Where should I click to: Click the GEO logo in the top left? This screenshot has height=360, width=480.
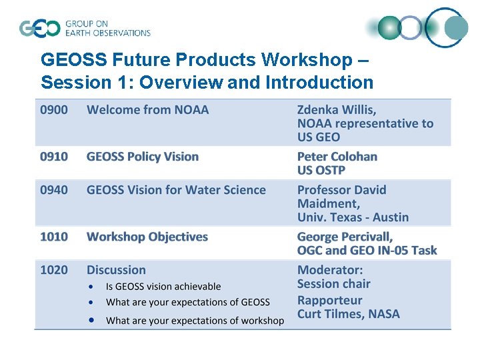(85, 28)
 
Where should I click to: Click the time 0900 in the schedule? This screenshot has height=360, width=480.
(54, 110)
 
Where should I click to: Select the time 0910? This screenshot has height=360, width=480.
(54, 157)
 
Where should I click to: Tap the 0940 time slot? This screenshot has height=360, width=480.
(54, 190)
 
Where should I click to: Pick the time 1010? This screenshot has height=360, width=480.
(54, 237)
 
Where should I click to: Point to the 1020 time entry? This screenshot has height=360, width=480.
(54, 270)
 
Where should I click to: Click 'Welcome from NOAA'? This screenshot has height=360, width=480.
(147, 110)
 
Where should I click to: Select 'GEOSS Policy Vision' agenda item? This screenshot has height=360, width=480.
(143, 157)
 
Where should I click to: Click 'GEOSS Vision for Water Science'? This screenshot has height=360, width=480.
(176, 190)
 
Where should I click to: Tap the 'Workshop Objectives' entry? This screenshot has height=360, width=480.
(147, 237)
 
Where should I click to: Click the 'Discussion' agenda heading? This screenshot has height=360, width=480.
(116, 270)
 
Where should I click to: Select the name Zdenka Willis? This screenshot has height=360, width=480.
(337, 110)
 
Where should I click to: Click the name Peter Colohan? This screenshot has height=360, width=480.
(337, 157)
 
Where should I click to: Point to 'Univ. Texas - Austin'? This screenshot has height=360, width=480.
(353, 217)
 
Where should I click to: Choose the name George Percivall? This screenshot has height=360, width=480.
(345, 237)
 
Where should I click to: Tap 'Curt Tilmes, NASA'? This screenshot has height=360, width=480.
(348, 314)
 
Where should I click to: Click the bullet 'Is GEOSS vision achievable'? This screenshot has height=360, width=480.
(163, 287)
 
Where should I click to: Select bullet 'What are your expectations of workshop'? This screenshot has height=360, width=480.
(195, 321)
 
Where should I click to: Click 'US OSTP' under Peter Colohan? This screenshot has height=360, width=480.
(321, 171)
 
